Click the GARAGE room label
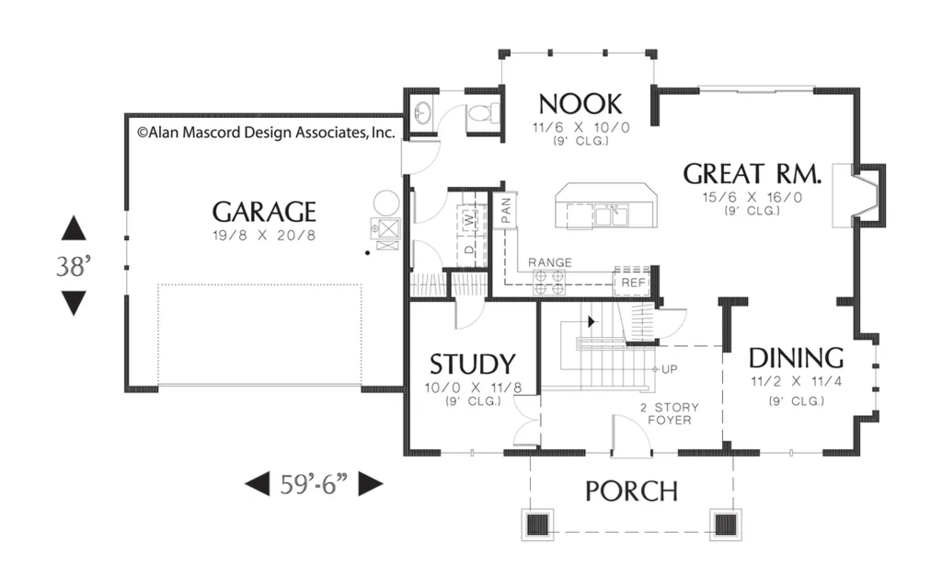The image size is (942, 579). (264, 212)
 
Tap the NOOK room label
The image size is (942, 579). (580, 104)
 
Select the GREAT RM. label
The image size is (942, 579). (752, 174)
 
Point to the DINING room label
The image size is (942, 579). (796, 358)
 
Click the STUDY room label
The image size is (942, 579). (473, 364)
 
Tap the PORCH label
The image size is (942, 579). (631, 492)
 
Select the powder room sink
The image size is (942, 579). (423, 112)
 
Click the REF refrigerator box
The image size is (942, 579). (633, 283)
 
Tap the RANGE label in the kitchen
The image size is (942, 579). (550, 262)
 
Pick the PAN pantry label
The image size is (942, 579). (505, 211)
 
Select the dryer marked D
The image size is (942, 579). (470, 249)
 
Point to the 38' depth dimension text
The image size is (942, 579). (74, 266)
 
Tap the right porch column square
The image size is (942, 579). (725, 525)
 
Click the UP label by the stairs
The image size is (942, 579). (670, 369)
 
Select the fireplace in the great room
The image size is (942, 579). (858, 195)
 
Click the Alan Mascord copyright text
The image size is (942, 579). (266, 133)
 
